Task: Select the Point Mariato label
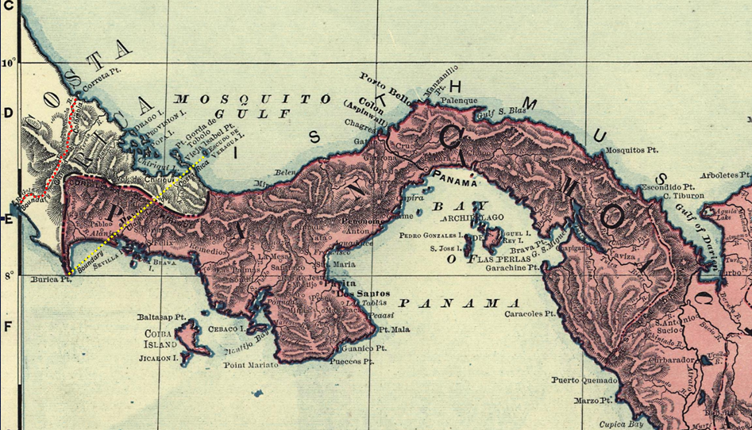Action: pyautogui.click(x=251, y=365)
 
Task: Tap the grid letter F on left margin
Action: pyautogui.click(x=8, y=326)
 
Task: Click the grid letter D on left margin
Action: pyautogui.click(x=8, y=113)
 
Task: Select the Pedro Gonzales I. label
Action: pyautogui.click(x=433, y=236)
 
